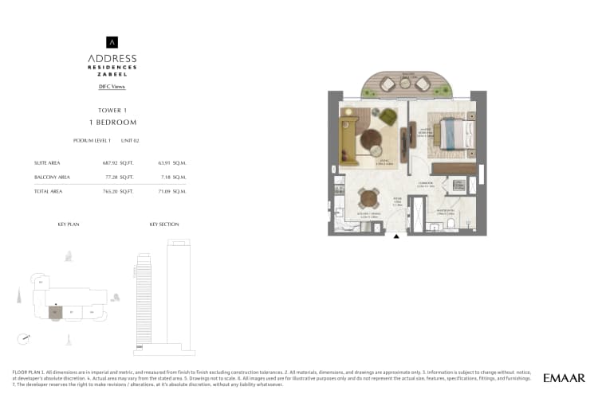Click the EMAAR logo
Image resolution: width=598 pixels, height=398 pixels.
click(565, 378)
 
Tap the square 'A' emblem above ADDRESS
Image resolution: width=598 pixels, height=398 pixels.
click(112, 42)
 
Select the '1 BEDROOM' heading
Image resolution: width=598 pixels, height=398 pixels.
click(112, 123)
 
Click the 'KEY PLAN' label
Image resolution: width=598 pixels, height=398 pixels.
click(69, 224)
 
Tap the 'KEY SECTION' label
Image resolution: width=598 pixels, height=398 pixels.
click(163, 224)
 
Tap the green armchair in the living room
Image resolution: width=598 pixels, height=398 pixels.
click(387, 116)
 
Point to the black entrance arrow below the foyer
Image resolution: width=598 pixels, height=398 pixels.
click(397, 236)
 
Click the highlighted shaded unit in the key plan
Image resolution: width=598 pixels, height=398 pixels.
click(54, 311)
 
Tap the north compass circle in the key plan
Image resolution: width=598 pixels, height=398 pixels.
click(26, 338)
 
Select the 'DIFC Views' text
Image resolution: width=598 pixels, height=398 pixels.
click(112, 86)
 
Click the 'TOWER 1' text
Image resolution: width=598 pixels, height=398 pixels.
click(112, 111)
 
